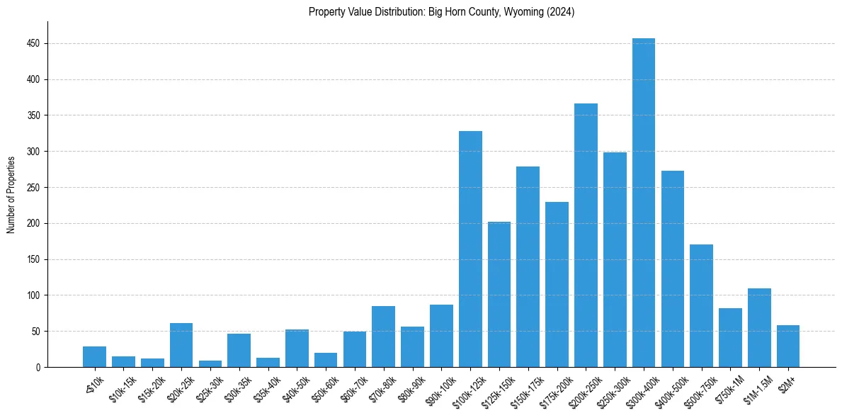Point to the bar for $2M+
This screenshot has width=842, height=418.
[788, 346]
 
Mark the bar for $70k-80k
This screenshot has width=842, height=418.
[383, 337]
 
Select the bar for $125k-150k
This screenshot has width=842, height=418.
[499, 295]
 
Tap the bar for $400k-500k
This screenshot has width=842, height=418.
[672, 269]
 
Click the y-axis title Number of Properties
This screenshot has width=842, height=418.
[11, 195]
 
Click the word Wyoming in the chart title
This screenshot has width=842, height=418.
[520, 12]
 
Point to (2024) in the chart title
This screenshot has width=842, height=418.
[560, 12]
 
